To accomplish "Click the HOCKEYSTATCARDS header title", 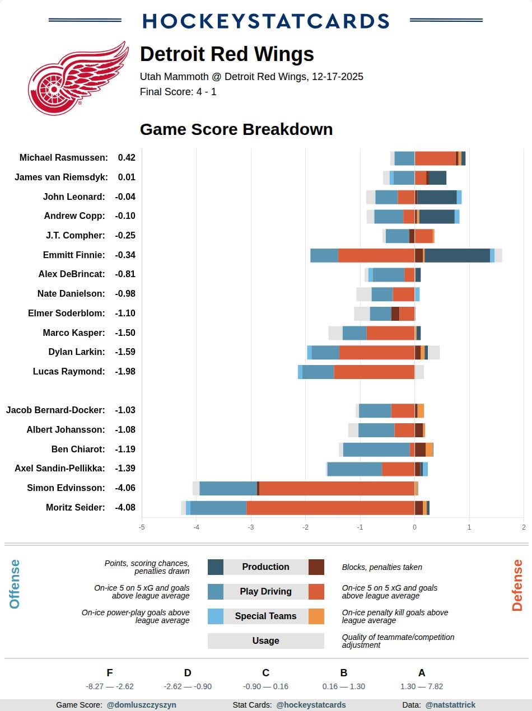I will [x=265, y=21].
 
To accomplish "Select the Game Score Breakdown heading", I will [x=236, y=129].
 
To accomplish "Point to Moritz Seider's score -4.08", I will [x=125, y=508].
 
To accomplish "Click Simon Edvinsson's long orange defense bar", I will [x=337, y=488].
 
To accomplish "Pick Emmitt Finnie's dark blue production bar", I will [x=457, y=255].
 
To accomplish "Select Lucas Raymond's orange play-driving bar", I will [x=374, y=372].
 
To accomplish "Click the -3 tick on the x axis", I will [x=251, y=527].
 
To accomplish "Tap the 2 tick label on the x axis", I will [x=524, y=527].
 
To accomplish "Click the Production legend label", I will [x=265, y=567].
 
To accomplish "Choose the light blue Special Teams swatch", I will [x=216, y=616].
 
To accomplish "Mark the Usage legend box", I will [x=265, y=641].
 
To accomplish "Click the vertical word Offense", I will [x=15, y=584].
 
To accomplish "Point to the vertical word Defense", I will [x=517, y=585].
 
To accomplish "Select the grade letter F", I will [x=110, y=673].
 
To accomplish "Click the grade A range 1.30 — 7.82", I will [x=421, y=686].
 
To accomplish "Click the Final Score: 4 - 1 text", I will [x=178, y=92].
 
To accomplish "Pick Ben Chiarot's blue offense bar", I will [x=376, y=450].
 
